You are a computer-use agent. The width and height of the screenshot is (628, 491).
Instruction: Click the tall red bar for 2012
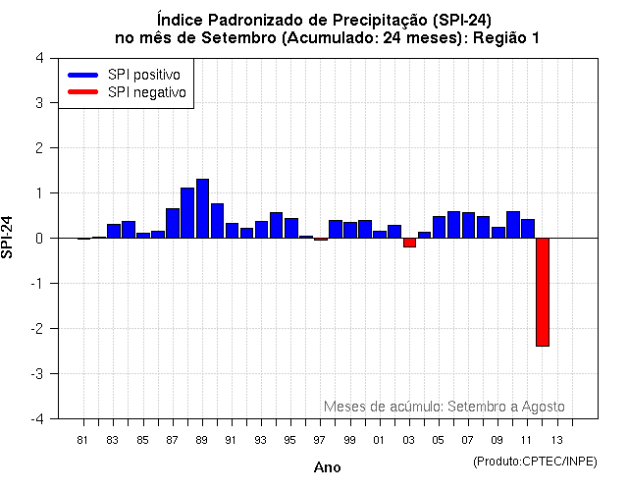pyautogui.click(x=542, y=292)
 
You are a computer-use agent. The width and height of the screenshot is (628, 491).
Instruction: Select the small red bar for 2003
pyautogui.click(x=409, y=243)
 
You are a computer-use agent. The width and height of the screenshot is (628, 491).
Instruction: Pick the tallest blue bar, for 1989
pyautogui.click(x=202, y=208)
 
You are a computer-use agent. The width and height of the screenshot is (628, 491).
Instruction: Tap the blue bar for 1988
pyautogui.click(x=187, y=212)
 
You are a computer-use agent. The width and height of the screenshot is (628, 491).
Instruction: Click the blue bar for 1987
pyautogui.click(x=173, y=223)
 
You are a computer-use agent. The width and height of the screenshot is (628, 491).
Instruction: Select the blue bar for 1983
pyautogui.click(x=114, y=231)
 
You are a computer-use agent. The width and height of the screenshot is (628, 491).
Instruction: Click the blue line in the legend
pyautogui.click(x=82, y=75)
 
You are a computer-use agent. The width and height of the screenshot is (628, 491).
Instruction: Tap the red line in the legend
pyautogui.click(x=82, y=92)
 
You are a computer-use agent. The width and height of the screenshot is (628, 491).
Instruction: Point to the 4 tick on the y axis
pyautogui.click(x=38, y=57)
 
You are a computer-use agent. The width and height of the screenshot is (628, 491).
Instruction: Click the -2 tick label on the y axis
pyautogui.click(x=36, y=328)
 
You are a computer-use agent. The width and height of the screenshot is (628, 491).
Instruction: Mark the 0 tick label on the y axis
pyautogui.click(x=38, y=238)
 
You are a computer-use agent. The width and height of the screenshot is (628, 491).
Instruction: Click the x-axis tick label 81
pyautogui.click(x=83, y=439)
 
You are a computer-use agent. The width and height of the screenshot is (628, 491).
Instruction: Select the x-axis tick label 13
pyautogui.click(x=556, y=439)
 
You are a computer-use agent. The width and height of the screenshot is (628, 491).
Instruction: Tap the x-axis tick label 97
pyautogui.click(x=320, y=439)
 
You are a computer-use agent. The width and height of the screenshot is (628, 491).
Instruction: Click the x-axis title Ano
pyautogui.click(x=328, y=467)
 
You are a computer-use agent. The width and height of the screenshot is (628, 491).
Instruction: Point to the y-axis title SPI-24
pyautogui.click(x=9, y=238)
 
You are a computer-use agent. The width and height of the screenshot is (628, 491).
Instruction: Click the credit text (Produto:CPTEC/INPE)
pyautogui.click(x=536, y=461)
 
